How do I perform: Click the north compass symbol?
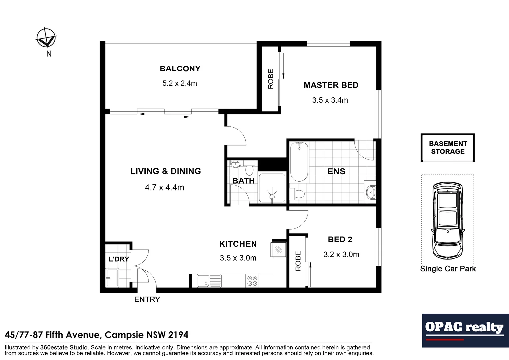(46, 38)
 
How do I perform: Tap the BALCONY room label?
(180, 69)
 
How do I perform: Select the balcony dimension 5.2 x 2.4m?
(180, 83)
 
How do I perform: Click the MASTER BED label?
(331, 85)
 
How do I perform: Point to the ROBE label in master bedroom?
(271, 79)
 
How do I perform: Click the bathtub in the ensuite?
(299, 162)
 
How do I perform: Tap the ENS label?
(336, 171)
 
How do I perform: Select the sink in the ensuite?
(370, 192)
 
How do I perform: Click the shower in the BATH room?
(272, 188)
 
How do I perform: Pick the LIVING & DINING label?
(166, 171)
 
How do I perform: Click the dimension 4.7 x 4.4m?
(164, 188)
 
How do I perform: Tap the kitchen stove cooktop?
(252, 281)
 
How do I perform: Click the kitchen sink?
(209, 281)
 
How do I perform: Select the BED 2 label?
(340, 239)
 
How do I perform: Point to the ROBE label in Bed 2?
(298, 261)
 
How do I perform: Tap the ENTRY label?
(147, 299)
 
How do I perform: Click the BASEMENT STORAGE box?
(448, 148)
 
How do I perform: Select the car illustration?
(447, 220)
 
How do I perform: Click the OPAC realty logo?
(465, 330)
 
